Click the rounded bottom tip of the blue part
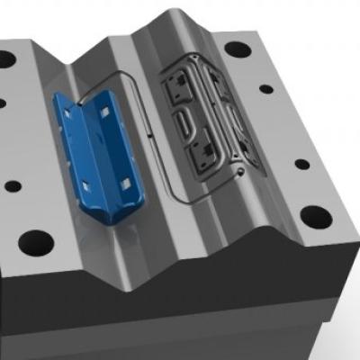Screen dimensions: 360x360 click(106, 219)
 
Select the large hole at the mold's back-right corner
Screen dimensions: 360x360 click(238, 49)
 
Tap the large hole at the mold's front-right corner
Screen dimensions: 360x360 click(314, 217)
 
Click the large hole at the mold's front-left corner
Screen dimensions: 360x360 click(35, 241)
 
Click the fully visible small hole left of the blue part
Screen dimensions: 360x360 click(13, 187)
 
